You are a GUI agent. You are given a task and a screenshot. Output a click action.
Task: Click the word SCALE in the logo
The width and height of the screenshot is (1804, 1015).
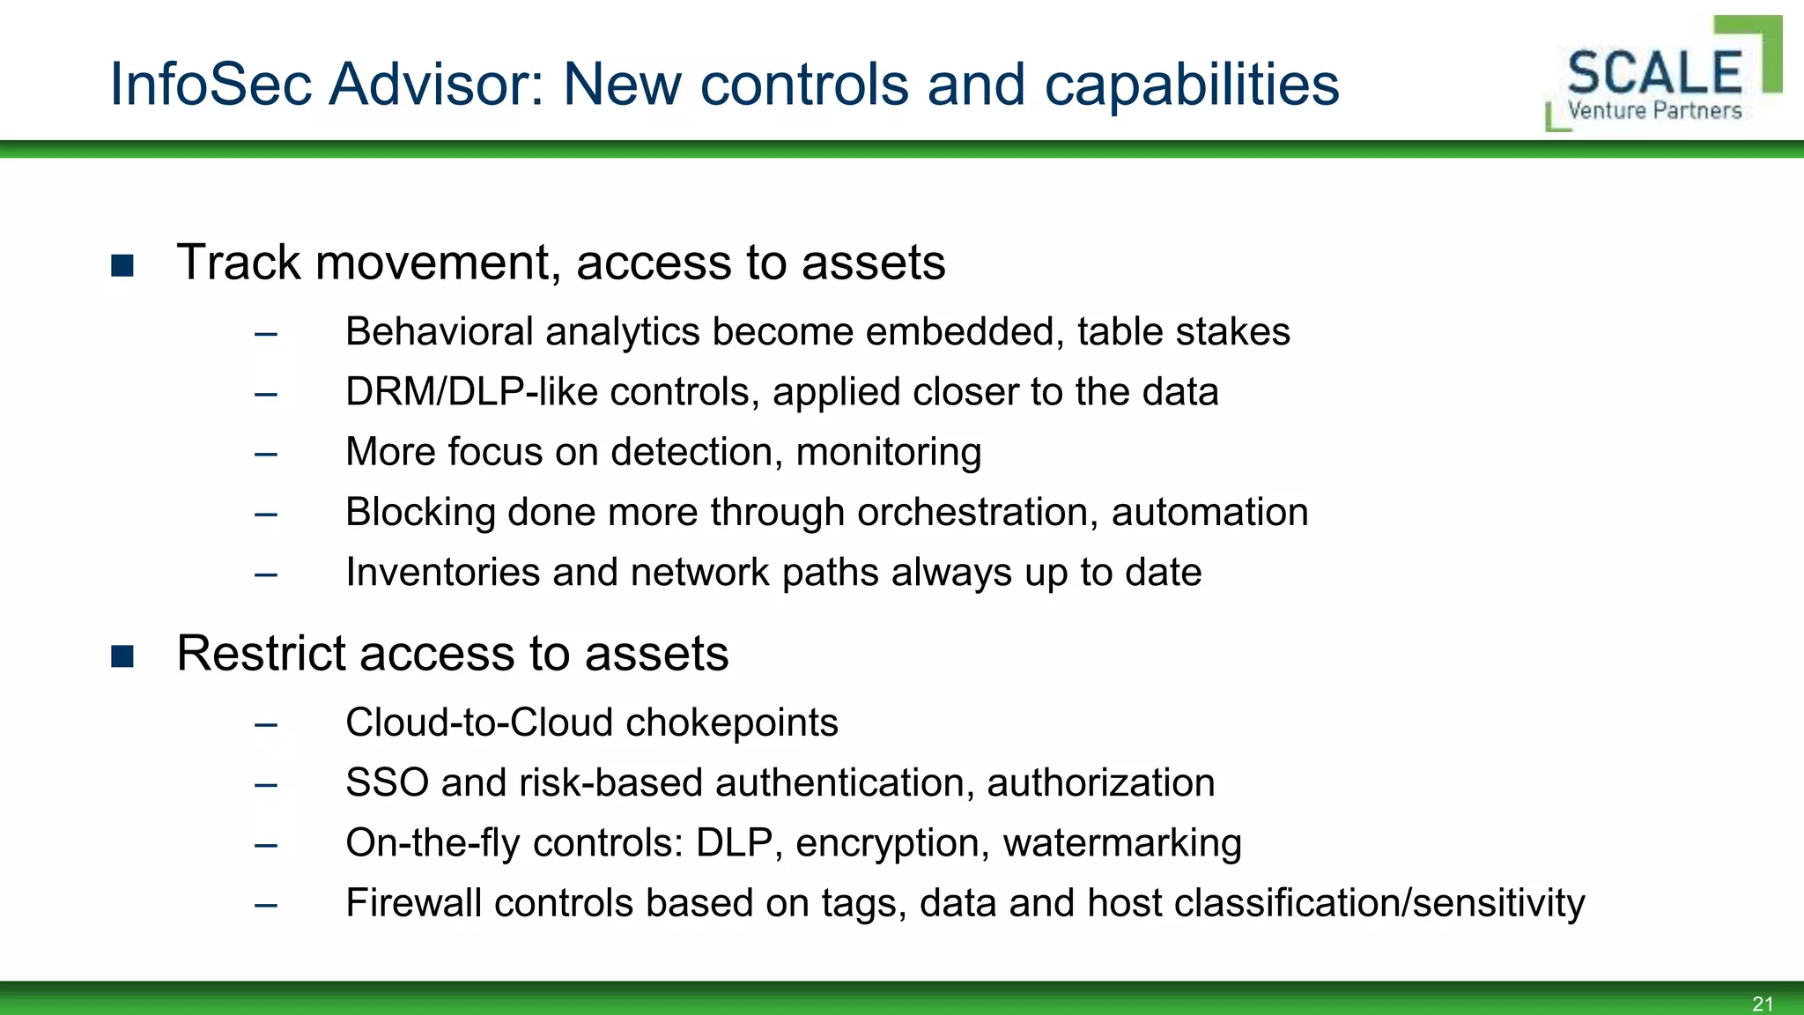(x=1654, y=74)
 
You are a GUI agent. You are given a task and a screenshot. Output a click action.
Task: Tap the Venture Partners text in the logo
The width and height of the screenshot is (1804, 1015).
(x=1654, y=111)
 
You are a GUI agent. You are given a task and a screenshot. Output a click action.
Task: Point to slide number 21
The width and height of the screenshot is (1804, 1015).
(x=1763, y=1004)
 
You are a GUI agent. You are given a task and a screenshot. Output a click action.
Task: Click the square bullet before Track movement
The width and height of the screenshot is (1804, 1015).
(x=122, y=265)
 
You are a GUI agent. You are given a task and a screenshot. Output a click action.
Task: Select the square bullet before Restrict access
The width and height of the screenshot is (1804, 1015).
(x=122, y=656)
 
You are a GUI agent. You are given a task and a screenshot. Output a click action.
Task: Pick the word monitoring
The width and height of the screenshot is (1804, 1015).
(x=888, y=453)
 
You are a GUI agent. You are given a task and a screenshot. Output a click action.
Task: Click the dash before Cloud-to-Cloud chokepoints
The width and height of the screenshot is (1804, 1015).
(x=266, y=725)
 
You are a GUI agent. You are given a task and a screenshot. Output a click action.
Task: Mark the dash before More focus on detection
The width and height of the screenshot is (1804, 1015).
(x=266, y=455)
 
